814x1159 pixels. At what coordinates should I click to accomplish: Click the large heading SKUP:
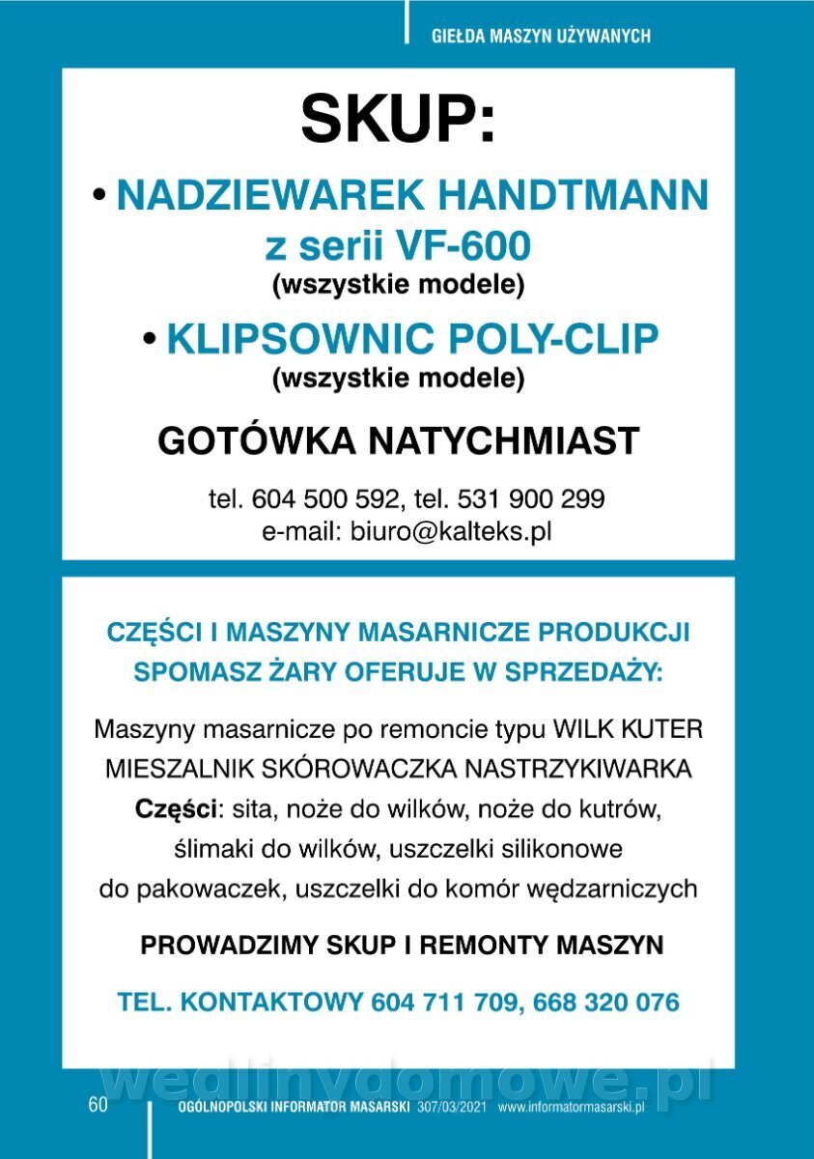point(398,120)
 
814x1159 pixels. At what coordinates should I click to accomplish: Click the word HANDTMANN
point(574,196)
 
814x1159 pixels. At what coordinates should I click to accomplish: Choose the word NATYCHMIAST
point(500,440)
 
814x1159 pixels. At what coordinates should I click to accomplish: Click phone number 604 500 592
point(323,499)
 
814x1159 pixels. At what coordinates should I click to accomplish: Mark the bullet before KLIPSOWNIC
point(149,339)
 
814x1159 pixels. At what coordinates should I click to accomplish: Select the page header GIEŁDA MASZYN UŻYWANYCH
point(541,37)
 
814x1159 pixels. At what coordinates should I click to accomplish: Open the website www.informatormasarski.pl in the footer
point(571,1107)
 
